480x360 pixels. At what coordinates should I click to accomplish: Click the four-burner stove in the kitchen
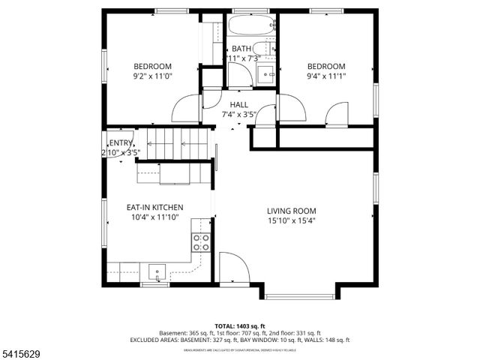pos(201,241)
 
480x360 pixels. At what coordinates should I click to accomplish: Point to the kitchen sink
pos(158,271)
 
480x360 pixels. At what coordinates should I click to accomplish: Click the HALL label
pos(239,105)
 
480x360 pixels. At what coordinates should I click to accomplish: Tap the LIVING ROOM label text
pos(292,211)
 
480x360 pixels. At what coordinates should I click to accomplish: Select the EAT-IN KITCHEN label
pos(154,207)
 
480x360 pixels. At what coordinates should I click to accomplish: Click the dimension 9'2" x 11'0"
pos(153,76)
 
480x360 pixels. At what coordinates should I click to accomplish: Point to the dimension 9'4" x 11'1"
pos(326,76)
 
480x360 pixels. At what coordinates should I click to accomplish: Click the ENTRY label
pos(121,143)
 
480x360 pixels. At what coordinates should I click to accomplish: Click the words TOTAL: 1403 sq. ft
pos(240,326)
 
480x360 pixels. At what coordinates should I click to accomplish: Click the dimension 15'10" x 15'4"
pos(292,220)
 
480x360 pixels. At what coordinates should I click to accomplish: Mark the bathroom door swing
pos(240,75)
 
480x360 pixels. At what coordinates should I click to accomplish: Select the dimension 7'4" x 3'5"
pos(239,115)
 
